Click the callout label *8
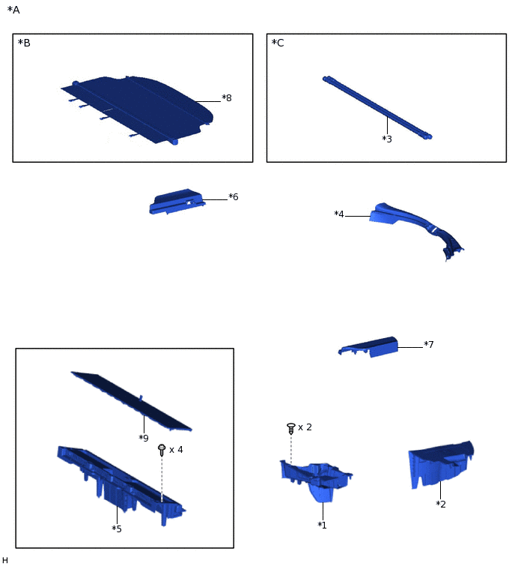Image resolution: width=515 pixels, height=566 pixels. [x=227, y=97]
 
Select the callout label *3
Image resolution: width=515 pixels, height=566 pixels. [x=387, y=139]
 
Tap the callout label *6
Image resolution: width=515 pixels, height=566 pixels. [x=234, y=196]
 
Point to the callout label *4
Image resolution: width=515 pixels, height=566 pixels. [x=339, y=214]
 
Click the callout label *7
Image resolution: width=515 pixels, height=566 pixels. [x=428, y=344]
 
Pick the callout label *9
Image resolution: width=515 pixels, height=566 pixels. [x=144, y=438]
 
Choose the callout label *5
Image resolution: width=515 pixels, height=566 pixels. [x=117, y=529]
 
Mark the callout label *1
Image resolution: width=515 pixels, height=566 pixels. [x=322, y=526]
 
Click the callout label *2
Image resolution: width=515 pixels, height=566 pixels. [x=441, y=505]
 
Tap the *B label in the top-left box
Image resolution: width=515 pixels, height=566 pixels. [x=24, y=43]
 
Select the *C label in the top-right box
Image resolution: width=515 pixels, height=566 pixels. [x=278, y=43]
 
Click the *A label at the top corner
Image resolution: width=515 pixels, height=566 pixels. [x=13, y=10]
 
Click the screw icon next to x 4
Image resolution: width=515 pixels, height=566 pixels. [x=162, y=450]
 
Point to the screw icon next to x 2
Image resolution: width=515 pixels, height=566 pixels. [x=291, y=428]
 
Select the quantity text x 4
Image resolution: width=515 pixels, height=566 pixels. [x=176, y=450]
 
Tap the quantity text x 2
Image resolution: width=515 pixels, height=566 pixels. [x=305, y=427]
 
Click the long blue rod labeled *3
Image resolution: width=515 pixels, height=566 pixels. [x=377, y=107]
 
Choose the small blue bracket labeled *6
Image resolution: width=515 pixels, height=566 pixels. [x=177, y=202]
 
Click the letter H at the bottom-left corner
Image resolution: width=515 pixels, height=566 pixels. [x=4, y=560]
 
